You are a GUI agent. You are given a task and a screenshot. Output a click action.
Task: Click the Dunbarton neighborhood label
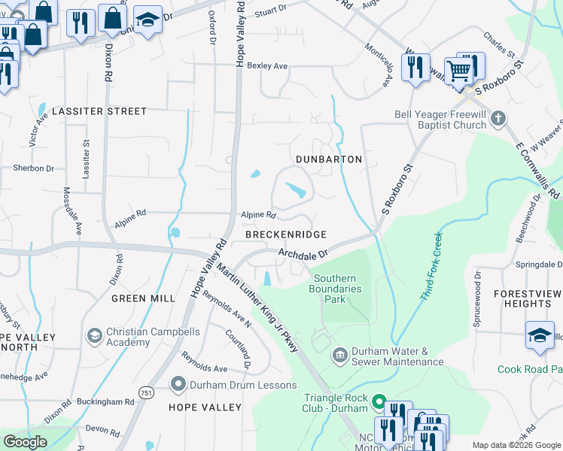point(329,159)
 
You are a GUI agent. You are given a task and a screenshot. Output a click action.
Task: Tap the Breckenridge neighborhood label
point(285,235)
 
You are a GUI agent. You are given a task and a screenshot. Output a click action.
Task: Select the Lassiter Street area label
point(99,111)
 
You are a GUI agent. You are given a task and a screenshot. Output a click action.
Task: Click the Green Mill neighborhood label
point(143,298)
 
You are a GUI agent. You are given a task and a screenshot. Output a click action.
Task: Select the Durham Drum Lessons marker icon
point(178,385)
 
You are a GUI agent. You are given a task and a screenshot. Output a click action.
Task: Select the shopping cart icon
point(458,72)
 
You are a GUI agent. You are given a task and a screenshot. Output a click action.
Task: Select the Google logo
point(25,442)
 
